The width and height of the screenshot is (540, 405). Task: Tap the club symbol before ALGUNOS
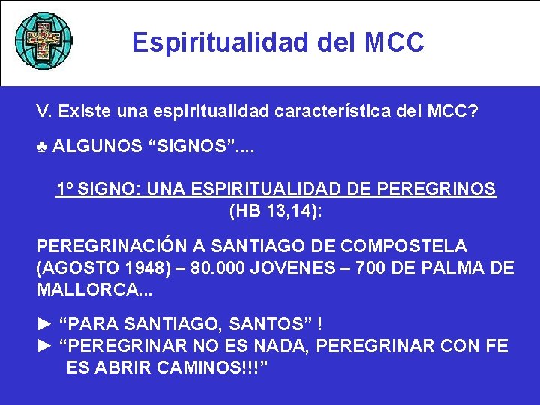tap(42, 146)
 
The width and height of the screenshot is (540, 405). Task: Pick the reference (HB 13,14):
tap(275, 212)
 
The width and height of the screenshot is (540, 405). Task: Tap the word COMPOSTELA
tap(403, 246)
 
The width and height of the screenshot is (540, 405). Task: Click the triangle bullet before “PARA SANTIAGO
tap(44, 324)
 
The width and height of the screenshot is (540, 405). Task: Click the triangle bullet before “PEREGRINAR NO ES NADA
tap(44, 346)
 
